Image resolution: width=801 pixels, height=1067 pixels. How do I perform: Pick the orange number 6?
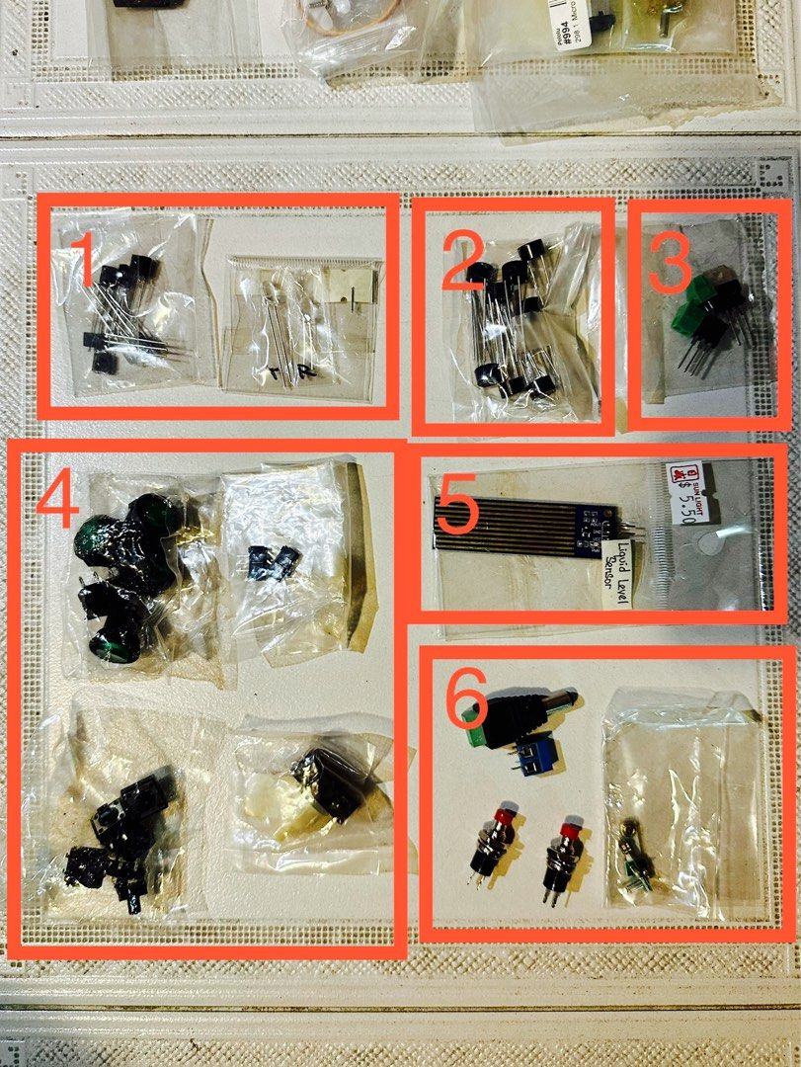[466, 698]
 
